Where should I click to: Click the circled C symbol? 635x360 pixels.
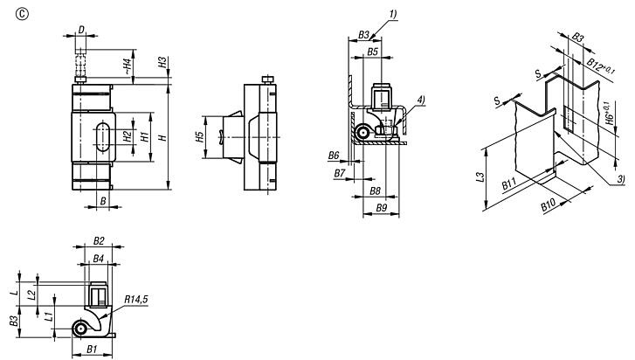(x=22, y=14)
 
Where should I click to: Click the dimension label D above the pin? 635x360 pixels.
(x=81, y=30)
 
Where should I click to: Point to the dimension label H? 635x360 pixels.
(x=162, y=137)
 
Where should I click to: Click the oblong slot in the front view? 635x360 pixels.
(x=102, y=136)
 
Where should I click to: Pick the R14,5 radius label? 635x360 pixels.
(x=136, y=299)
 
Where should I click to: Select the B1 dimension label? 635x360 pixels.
(x=93, y=349)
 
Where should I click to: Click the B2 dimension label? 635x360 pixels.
(x=99, y=241)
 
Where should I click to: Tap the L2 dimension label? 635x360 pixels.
(x=32, y=294)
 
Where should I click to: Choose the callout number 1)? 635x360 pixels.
(x=393, y=15)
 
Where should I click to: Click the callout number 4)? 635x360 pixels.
(x=421, y=100)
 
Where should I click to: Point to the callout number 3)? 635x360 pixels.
(x=621, y=178)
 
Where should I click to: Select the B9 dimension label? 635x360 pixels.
(x=382, y=208)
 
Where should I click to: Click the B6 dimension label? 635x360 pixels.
(x=334, y=155)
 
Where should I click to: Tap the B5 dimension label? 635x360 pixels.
(x=373, y=52)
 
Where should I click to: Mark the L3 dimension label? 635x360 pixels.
(x=480, y=177)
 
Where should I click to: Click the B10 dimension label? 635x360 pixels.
(x=549, y=205)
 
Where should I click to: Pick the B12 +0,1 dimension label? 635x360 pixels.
(x=602, y=66)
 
